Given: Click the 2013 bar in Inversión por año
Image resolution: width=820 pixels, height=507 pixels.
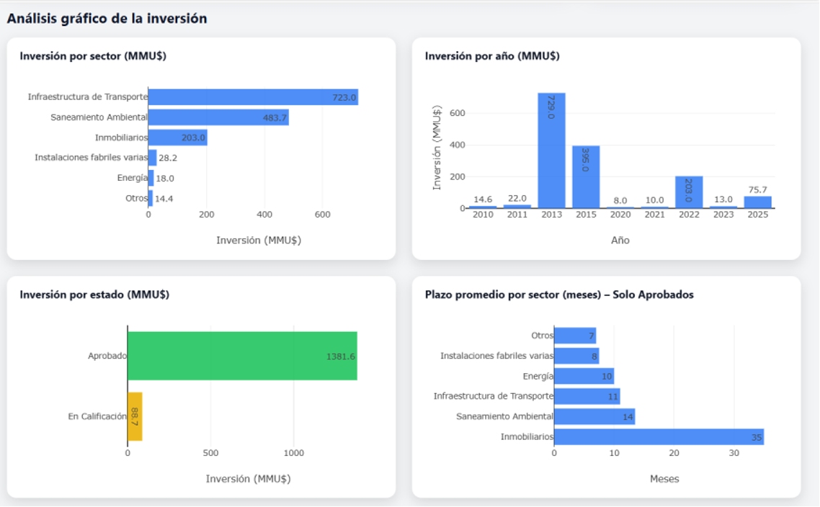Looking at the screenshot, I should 551,151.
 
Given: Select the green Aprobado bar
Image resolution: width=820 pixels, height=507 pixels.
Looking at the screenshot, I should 242,356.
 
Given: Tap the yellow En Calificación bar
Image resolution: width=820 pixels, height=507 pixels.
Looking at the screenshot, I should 135,416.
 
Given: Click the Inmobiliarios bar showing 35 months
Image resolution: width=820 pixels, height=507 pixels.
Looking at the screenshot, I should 659,436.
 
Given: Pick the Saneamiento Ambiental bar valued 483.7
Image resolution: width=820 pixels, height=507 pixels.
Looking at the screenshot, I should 218,117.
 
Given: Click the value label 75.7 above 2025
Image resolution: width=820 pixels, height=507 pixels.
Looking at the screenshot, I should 757,189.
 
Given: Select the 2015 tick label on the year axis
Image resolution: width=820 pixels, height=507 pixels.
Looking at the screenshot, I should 586,215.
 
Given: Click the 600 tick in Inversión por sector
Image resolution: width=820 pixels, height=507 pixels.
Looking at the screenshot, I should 322,215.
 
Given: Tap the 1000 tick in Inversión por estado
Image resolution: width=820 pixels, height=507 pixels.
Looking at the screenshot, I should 294,453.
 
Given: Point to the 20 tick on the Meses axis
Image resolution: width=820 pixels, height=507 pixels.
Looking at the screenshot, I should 674,453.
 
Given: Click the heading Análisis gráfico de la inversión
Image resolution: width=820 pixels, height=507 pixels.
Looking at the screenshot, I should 107,19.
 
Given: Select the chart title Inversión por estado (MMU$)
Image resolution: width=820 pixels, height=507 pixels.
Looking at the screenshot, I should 94,295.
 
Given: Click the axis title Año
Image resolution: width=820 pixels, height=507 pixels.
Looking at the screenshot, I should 620,241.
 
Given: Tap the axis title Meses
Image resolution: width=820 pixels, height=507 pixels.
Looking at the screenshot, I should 664,479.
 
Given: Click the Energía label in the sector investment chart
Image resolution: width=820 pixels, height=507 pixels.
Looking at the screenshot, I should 133,178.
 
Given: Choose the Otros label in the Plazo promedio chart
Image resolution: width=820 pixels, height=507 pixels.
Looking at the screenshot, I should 542,336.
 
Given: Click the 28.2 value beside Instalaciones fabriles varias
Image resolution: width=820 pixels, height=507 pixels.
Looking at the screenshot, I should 168,158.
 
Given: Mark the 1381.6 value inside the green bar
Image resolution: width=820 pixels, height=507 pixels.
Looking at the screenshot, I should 340,356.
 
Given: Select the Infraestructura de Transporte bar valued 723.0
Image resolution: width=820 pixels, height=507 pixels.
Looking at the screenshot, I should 253,97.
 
